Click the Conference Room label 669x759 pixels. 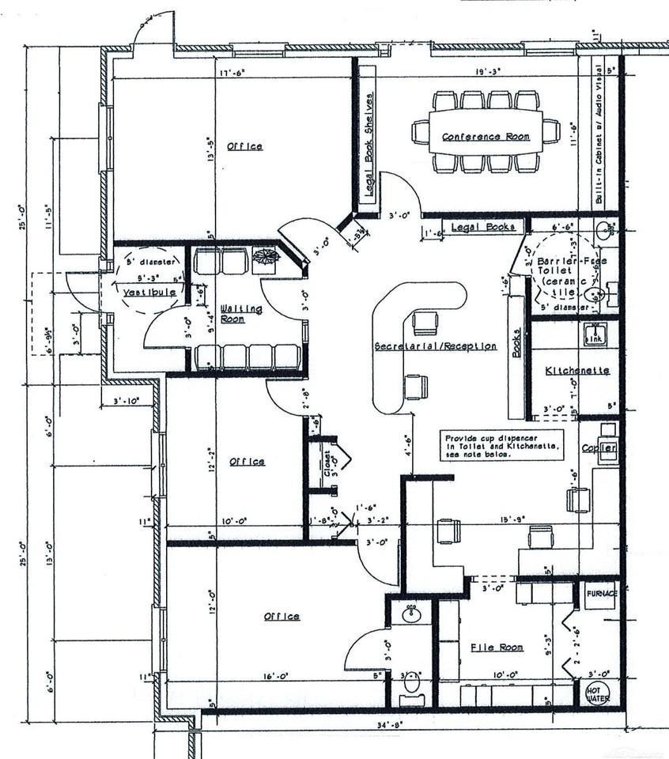[x=486, y=137]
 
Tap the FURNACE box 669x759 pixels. [x=601, y=592]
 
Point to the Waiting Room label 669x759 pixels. [x=241, y=313]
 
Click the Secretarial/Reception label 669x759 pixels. [x=435, y=346]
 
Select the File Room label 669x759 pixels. [x=497, y=648]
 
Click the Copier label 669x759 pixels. [x=599, y=448]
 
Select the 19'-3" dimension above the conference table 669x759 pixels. [x=489, y=71]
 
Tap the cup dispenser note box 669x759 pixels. [x=502, y=445]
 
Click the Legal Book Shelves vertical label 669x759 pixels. [x=368, y=143]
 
